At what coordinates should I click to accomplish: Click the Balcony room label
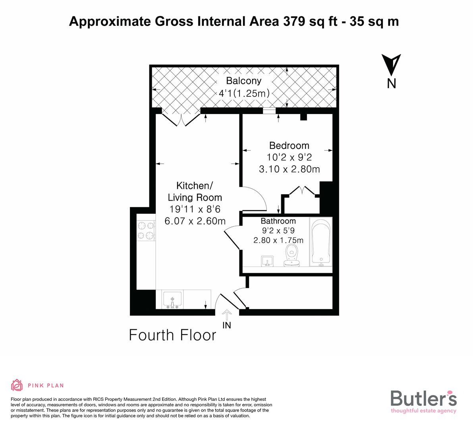point(244,81)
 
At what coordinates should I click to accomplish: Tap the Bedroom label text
point(289,145)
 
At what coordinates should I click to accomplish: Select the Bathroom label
point(278,221)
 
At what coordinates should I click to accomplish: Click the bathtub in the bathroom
point(321,243)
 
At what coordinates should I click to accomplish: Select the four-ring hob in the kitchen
point(145,231)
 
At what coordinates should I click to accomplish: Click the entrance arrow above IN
point(227,315)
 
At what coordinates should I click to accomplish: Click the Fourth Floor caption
point(173,335)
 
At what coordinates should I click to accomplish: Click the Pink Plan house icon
point(17,385)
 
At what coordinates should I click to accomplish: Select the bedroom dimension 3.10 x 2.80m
point(289,169)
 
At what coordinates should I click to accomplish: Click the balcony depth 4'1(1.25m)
point(244,94)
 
